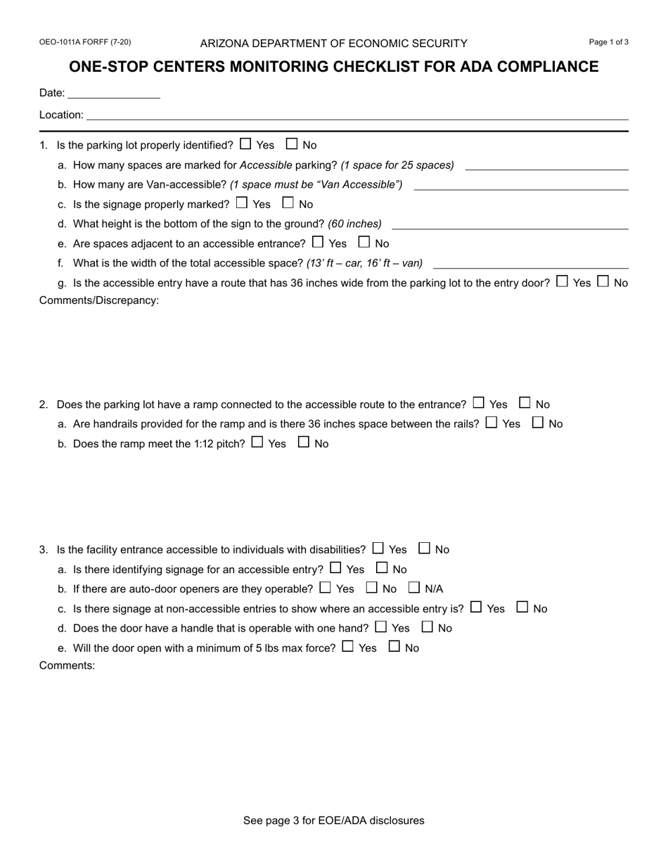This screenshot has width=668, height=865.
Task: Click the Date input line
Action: [x=114, y=94]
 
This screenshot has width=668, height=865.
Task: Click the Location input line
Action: [x=357, y=115]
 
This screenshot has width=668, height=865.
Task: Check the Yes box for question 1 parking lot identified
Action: [x=245, y=144]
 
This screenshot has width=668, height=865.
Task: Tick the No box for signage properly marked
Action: [x=288, y=203]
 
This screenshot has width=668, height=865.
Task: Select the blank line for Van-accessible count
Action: [x=521, y=185]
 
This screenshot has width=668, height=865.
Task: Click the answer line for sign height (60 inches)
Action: [x=510, y=224]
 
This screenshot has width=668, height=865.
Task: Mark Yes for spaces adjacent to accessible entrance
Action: [x=317, y=243]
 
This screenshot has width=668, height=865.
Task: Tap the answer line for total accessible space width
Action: [x=531, y=264]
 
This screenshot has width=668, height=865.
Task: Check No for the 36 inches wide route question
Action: [x=603, y=282]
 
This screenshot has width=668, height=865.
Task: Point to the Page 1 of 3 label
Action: [x=608, y=42]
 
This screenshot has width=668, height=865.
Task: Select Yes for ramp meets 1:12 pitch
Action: [x=257, y=442]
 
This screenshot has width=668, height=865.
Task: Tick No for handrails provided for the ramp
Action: [x=538, y=423]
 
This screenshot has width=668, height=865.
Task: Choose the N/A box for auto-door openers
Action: [x=414, y=587]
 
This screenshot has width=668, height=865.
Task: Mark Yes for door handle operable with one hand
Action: [x=380, y=627]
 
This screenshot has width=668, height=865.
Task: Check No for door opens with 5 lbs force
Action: [x=394, y=646]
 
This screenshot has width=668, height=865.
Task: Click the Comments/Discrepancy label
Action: [x=99, y=301]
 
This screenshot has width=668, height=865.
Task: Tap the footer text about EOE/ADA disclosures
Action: [x=333, y=820]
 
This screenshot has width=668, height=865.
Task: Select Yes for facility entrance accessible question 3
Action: [x=378, y=548]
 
